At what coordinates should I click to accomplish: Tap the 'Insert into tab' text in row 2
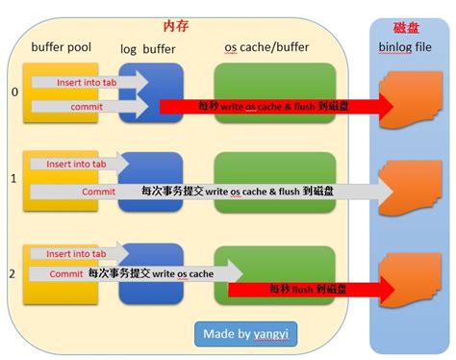pos(77,254)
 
